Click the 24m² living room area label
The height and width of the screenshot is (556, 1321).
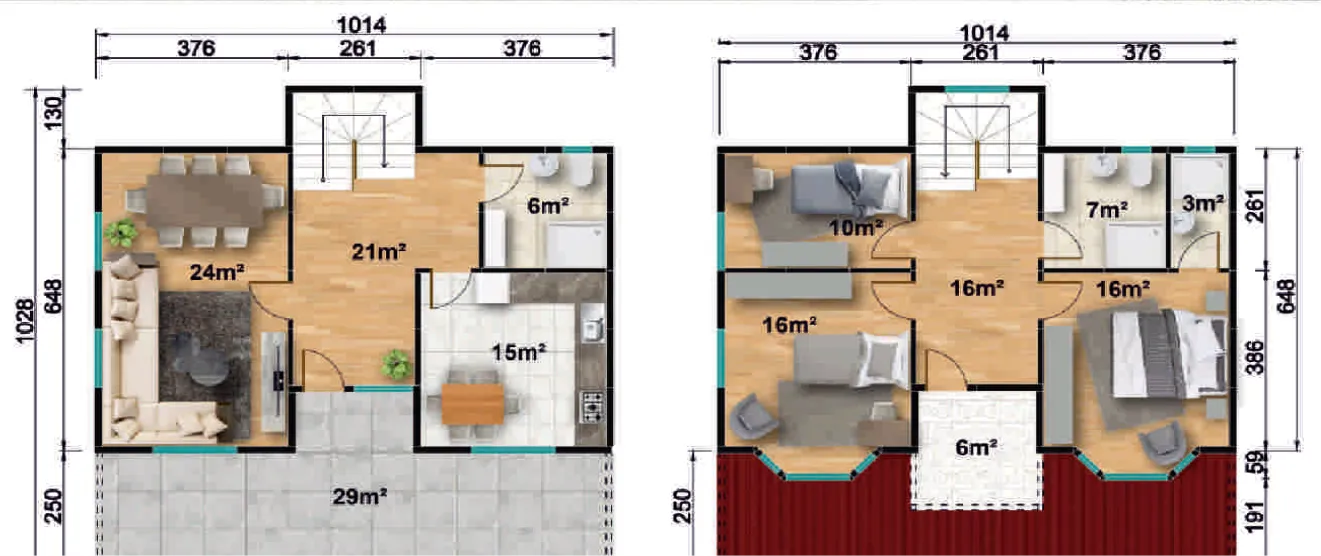[216, 272]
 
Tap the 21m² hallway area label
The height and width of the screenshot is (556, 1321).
[379, 252]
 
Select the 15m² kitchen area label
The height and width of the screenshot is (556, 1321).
[519, 352]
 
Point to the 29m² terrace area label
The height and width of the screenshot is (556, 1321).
[359, 496]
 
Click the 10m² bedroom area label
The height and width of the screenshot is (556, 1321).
[856, 227]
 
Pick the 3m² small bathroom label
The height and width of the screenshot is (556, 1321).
[1202, 203]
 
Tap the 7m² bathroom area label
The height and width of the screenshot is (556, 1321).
[1107, 209]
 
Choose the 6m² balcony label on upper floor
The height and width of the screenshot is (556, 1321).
[976, 448]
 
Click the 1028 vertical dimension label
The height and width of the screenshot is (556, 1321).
[25, 321]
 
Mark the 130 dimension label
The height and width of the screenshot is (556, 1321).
[53, 114]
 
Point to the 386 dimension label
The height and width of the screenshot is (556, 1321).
[1256, 357]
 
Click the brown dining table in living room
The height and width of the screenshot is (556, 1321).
[204, 201]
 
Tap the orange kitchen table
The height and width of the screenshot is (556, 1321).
[472, 404]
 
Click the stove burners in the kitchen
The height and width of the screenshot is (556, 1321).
[592, 406]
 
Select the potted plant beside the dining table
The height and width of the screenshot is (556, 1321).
[121, 232]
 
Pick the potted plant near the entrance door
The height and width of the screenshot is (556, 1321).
[396, 363]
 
